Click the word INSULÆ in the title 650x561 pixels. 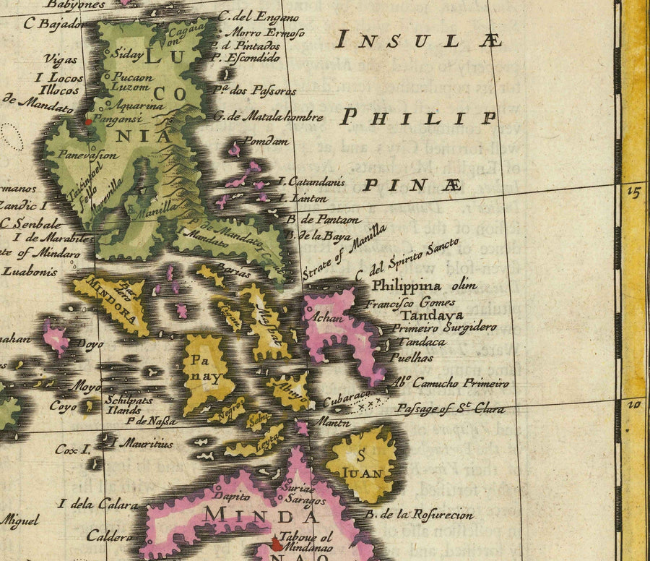pyautogui.click(x=420, y=40)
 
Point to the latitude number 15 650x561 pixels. pyautogui.click(x=634, y=192)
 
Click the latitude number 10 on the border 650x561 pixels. pyautogui.click(x=634, y=405)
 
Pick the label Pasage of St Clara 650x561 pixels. pyautogui.click(x=450, y=409)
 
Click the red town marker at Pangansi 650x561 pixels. pyautogui.click(x=89, y=121)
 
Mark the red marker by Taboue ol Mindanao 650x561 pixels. pyautogui.click(x=276, y=543)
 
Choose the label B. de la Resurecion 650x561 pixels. pyautogui.click(x=418, y=515)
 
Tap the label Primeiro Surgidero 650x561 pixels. pyautogui.click(x=444, y=327)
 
